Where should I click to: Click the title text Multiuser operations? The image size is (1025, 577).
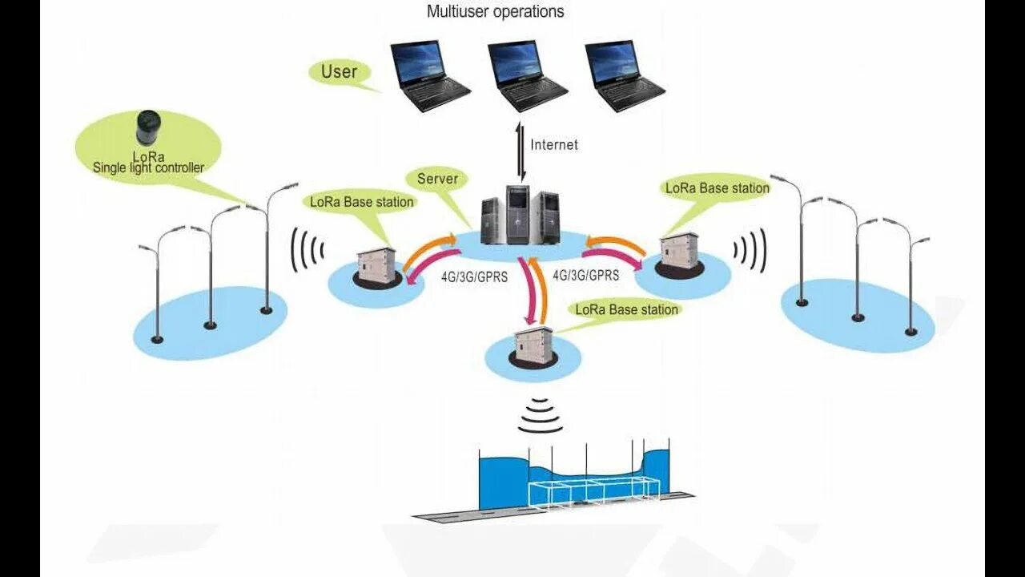pos(495,11)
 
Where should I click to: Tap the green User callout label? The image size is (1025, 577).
pos(339,71)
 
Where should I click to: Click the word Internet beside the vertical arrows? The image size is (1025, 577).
pos(554,145)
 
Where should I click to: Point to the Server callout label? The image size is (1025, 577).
pos(437,179)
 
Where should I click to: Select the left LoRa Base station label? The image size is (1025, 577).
pos(362,202)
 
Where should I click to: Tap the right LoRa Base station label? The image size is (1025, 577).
pos(717,188)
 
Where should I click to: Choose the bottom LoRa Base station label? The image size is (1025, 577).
pos(627,309)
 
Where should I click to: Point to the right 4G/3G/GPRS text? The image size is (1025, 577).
pos(586,275)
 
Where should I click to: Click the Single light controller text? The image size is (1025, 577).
pos(149,167)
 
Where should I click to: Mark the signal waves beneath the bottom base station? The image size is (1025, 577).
pos(540,415)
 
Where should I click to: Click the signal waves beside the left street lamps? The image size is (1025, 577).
pos(306,250)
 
